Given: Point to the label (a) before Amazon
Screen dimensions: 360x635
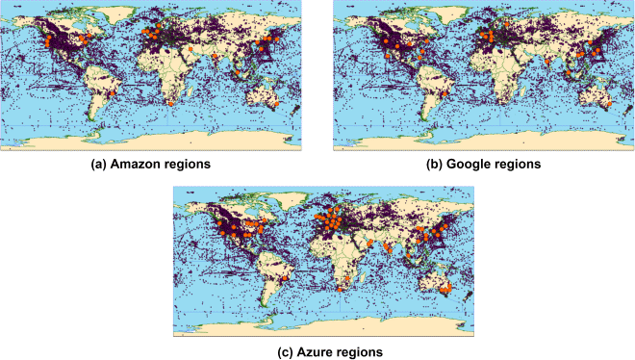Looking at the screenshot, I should coord(99,165).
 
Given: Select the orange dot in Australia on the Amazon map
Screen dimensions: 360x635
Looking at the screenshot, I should coord(276,100).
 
